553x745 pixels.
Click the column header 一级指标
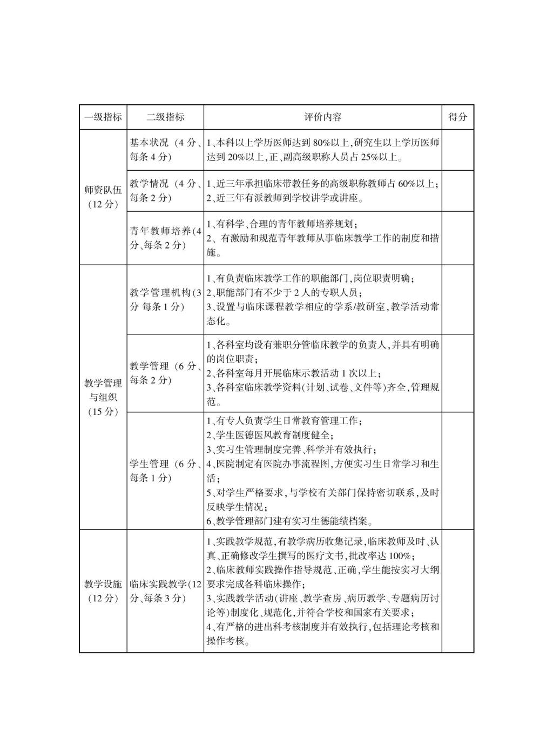[x=103, y=117]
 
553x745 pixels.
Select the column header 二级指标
[x=165, y=117]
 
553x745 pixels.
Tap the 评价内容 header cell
[x=322, y=117]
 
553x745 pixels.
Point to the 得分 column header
[x=457, y=117]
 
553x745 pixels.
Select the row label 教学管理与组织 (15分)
[x=103, y=397]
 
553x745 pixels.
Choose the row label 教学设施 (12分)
[x=103, y=591]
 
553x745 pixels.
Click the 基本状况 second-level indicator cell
[x=165, y=150]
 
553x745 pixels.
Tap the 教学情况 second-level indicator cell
[x=165, y=191]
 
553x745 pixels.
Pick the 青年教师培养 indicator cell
[x=165, y=238]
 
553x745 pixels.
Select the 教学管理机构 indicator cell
[x=165, y=299]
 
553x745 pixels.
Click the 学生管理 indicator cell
[x=165, y=471]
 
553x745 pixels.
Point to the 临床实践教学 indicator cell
[x=165, y=591]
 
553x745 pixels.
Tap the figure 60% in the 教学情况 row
[x=409, y=184]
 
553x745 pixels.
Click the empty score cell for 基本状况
[x=457, y=150]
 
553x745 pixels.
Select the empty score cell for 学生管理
[x=457, y=471]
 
